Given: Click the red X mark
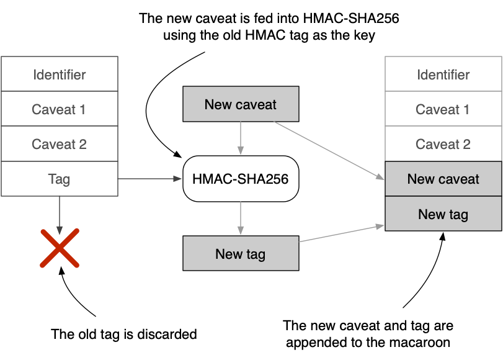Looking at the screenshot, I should click(x=60, y=248).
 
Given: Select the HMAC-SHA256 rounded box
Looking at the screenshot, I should click(x=241, y=179).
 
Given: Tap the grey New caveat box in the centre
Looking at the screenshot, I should click(x=241, y=104).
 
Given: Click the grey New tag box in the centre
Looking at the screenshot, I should click(x=241, y=253).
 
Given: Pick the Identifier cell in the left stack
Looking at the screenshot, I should click(x=60, y=74).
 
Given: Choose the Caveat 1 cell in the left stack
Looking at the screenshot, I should click(x=60, y=109).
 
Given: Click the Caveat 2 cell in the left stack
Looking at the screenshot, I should click(x=60, y=144).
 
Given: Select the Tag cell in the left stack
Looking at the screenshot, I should click(x=60, y=179).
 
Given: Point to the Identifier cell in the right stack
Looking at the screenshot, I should click(x=443, y=74).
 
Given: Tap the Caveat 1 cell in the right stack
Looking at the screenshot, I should click(x=443, y=109).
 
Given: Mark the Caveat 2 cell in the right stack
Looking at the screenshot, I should click(x=443, y=144).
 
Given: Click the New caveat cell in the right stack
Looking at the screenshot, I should click(x=443, y=179).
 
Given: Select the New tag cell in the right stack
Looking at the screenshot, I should click(x=443, y=214).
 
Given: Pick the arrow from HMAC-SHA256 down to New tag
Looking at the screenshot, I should click(x=241, y=218).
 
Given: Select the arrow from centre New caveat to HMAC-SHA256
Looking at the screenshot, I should click(x=241, y=138).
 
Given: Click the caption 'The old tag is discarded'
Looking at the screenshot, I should click(x=124, y=335).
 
